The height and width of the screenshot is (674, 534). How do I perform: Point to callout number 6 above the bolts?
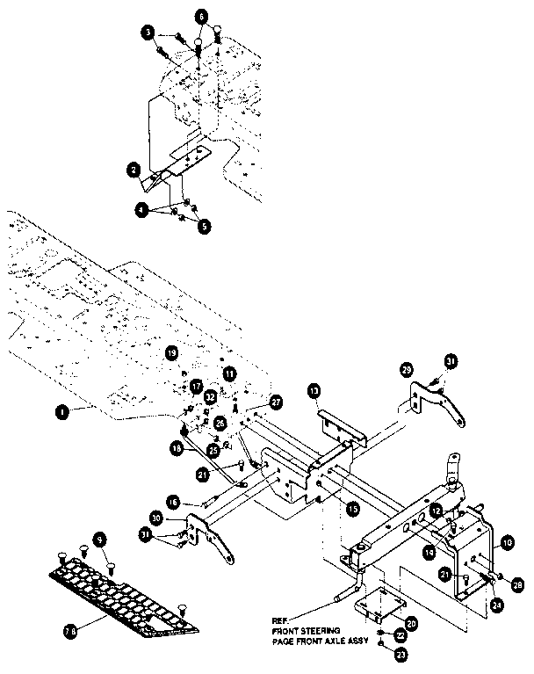pyautogui.click(x=201, y=17)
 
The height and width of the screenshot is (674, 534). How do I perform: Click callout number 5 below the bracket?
pyautogui.click(x=204, y=226)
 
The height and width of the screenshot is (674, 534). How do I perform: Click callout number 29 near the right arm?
pyautogui.click(x=406, y=370)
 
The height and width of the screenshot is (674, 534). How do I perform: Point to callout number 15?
pyautogui.click(x=352, y=509)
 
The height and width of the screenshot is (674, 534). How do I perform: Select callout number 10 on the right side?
pyautogui.click(x=508, y=545)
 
